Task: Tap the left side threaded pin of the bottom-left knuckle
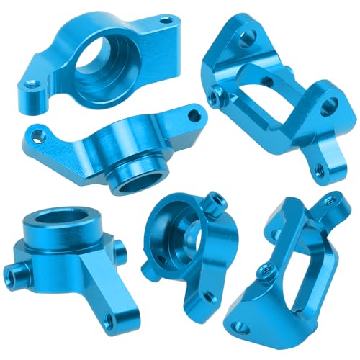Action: (14, 271)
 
